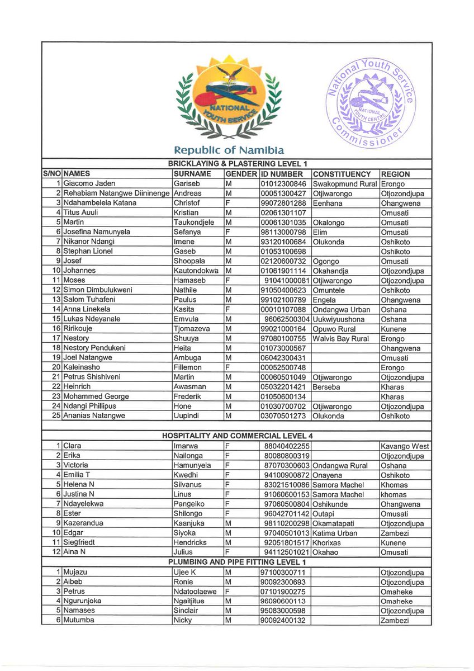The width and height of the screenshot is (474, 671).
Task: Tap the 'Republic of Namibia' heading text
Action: pos(229,150)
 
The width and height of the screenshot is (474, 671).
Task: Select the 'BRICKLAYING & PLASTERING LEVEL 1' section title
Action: pos(237,164)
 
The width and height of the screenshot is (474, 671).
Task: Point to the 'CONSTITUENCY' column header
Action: pos(342,174)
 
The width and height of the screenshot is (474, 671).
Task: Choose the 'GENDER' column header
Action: pos(240,174)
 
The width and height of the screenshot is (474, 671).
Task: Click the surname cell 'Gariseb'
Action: pos(186,183)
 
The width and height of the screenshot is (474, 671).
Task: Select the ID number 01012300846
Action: pos(283,183)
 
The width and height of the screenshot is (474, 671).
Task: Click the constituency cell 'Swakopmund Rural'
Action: pos(345,183)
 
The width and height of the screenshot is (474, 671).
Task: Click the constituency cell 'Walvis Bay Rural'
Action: pos(341,338)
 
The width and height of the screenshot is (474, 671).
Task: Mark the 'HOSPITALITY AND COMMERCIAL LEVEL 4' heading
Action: pos(237,436)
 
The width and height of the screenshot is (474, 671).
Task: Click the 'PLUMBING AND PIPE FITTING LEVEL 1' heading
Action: pos(237,561)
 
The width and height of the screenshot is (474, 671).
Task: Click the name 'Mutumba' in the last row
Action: pos(79,620)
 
